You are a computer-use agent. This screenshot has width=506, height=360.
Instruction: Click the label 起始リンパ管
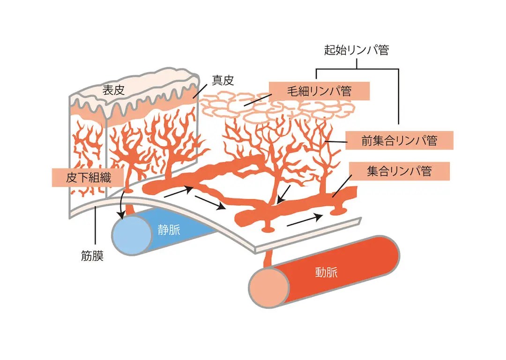[x=357, y=50]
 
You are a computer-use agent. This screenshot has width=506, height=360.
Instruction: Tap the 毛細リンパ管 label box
[x=320, y=90]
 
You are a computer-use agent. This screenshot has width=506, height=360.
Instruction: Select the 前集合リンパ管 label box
[x=399, y=140]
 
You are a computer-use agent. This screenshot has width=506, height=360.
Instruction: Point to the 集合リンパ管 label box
[x=399, y=171]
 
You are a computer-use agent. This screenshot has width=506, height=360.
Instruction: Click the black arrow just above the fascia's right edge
[x=305, y=219]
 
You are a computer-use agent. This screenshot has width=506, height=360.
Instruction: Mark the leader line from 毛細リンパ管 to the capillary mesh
[x=256, y=99]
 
